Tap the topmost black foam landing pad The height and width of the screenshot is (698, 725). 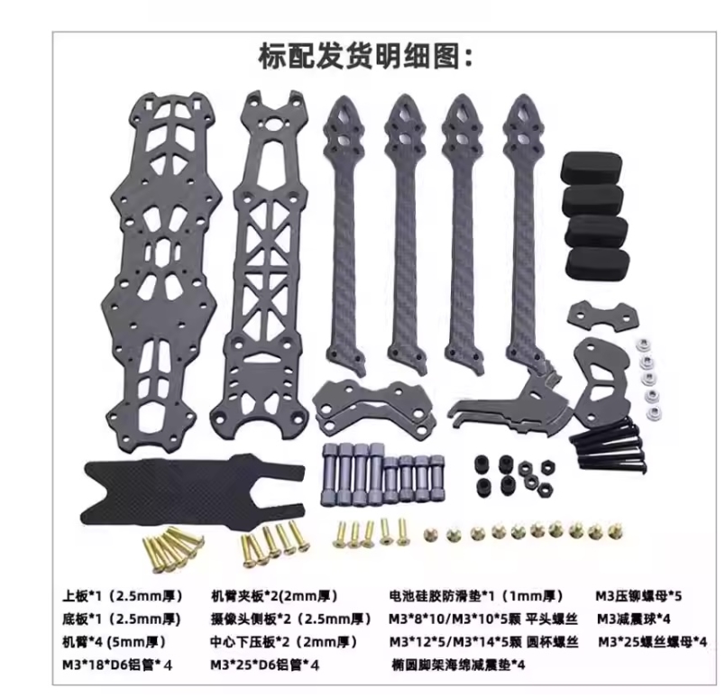pyautogui.click(x=592, y=166)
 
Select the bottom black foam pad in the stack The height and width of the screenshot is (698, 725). pyautogui.click(x=599, y=265)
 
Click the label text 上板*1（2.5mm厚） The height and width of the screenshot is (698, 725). pyautogui.click(x=123, y=596)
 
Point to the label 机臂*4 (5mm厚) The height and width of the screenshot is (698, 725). pyautogui.click(x=115, y=641)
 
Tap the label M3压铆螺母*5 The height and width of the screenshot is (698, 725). pyautogui.click(x=638, y=596)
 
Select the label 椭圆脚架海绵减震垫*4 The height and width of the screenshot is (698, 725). pyautogui.click(x=458, y=666)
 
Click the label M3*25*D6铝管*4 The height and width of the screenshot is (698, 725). pyautogui.click(x=264, y=666)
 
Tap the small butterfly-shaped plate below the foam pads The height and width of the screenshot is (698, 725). pyautogui.click(x=602, y=316)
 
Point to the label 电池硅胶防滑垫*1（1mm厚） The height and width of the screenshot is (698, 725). pyautogui.click(x=476, y=596)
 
